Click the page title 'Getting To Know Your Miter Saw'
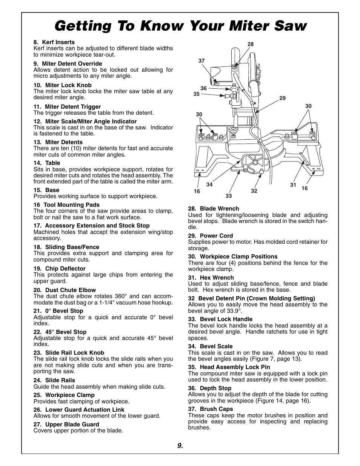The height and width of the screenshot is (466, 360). pos(180,26)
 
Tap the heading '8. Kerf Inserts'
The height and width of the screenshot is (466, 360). pos(54,42)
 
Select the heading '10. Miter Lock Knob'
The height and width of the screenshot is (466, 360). pos(62,85)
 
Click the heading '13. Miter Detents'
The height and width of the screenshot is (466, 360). pos(58,142)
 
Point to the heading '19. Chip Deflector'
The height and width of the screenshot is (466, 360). pos(59,269)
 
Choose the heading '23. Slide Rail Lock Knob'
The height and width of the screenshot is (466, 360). pos(69,353)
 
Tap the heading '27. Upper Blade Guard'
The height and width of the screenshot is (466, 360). pos(66,424)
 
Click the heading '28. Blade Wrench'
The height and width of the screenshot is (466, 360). pos(214,209)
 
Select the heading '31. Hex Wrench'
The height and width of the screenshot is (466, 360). pos(211,278)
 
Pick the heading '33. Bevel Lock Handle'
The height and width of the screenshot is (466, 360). pos(220,319)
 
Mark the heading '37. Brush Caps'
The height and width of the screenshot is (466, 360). pos(211,409)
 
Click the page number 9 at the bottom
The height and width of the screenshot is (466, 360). pos(180,446)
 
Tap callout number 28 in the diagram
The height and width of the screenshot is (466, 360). pos(251,45)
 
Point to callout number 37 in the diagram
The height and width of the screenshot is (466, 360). pos(202,61)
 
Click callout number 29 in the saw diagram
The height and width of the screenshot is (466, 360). pos(283,98)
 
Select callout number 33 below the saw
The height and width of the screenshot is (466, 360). pos(229,196)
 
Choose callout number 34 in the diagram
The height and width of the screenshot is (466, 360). pos(209,185)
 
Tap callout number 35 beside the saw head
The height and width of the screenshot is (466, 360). pos(196,94)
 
